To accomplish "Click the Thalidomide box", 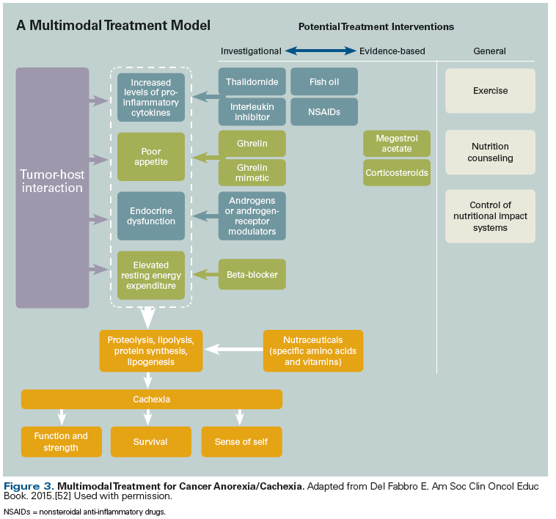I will coord(252,81).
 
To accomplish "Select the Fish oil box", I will coord(324,81).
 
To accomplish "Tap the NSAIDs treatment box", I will coord(324,111).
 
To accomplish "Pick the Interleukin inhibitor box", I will coord(252,111).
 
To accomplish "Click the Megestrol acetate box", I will coord(397,144).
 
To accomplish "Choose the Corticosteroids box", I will coord(397,173).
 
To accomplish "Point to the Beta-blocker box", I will coord(252,275).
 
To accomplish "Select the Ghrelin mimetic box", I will coord(252,173).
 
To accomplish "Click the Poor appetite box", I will coord(150,156).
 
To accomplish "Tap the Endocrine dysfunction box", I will coord(150,216).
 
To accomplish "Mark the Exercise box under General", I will coord(490,92).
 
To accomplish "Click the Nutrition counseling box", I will coord(490,152).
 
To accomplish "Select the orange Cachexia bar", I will coord(152,400).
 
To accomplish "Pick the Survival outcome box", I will coord(150,442).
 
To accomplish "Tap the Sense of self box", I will coord(241,442).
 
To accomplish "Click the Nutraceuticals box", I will coord(313,351).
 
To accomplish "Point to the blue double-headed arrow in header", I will coord(320,51).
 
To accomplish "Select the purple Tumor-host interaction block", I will coord(52,188).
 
